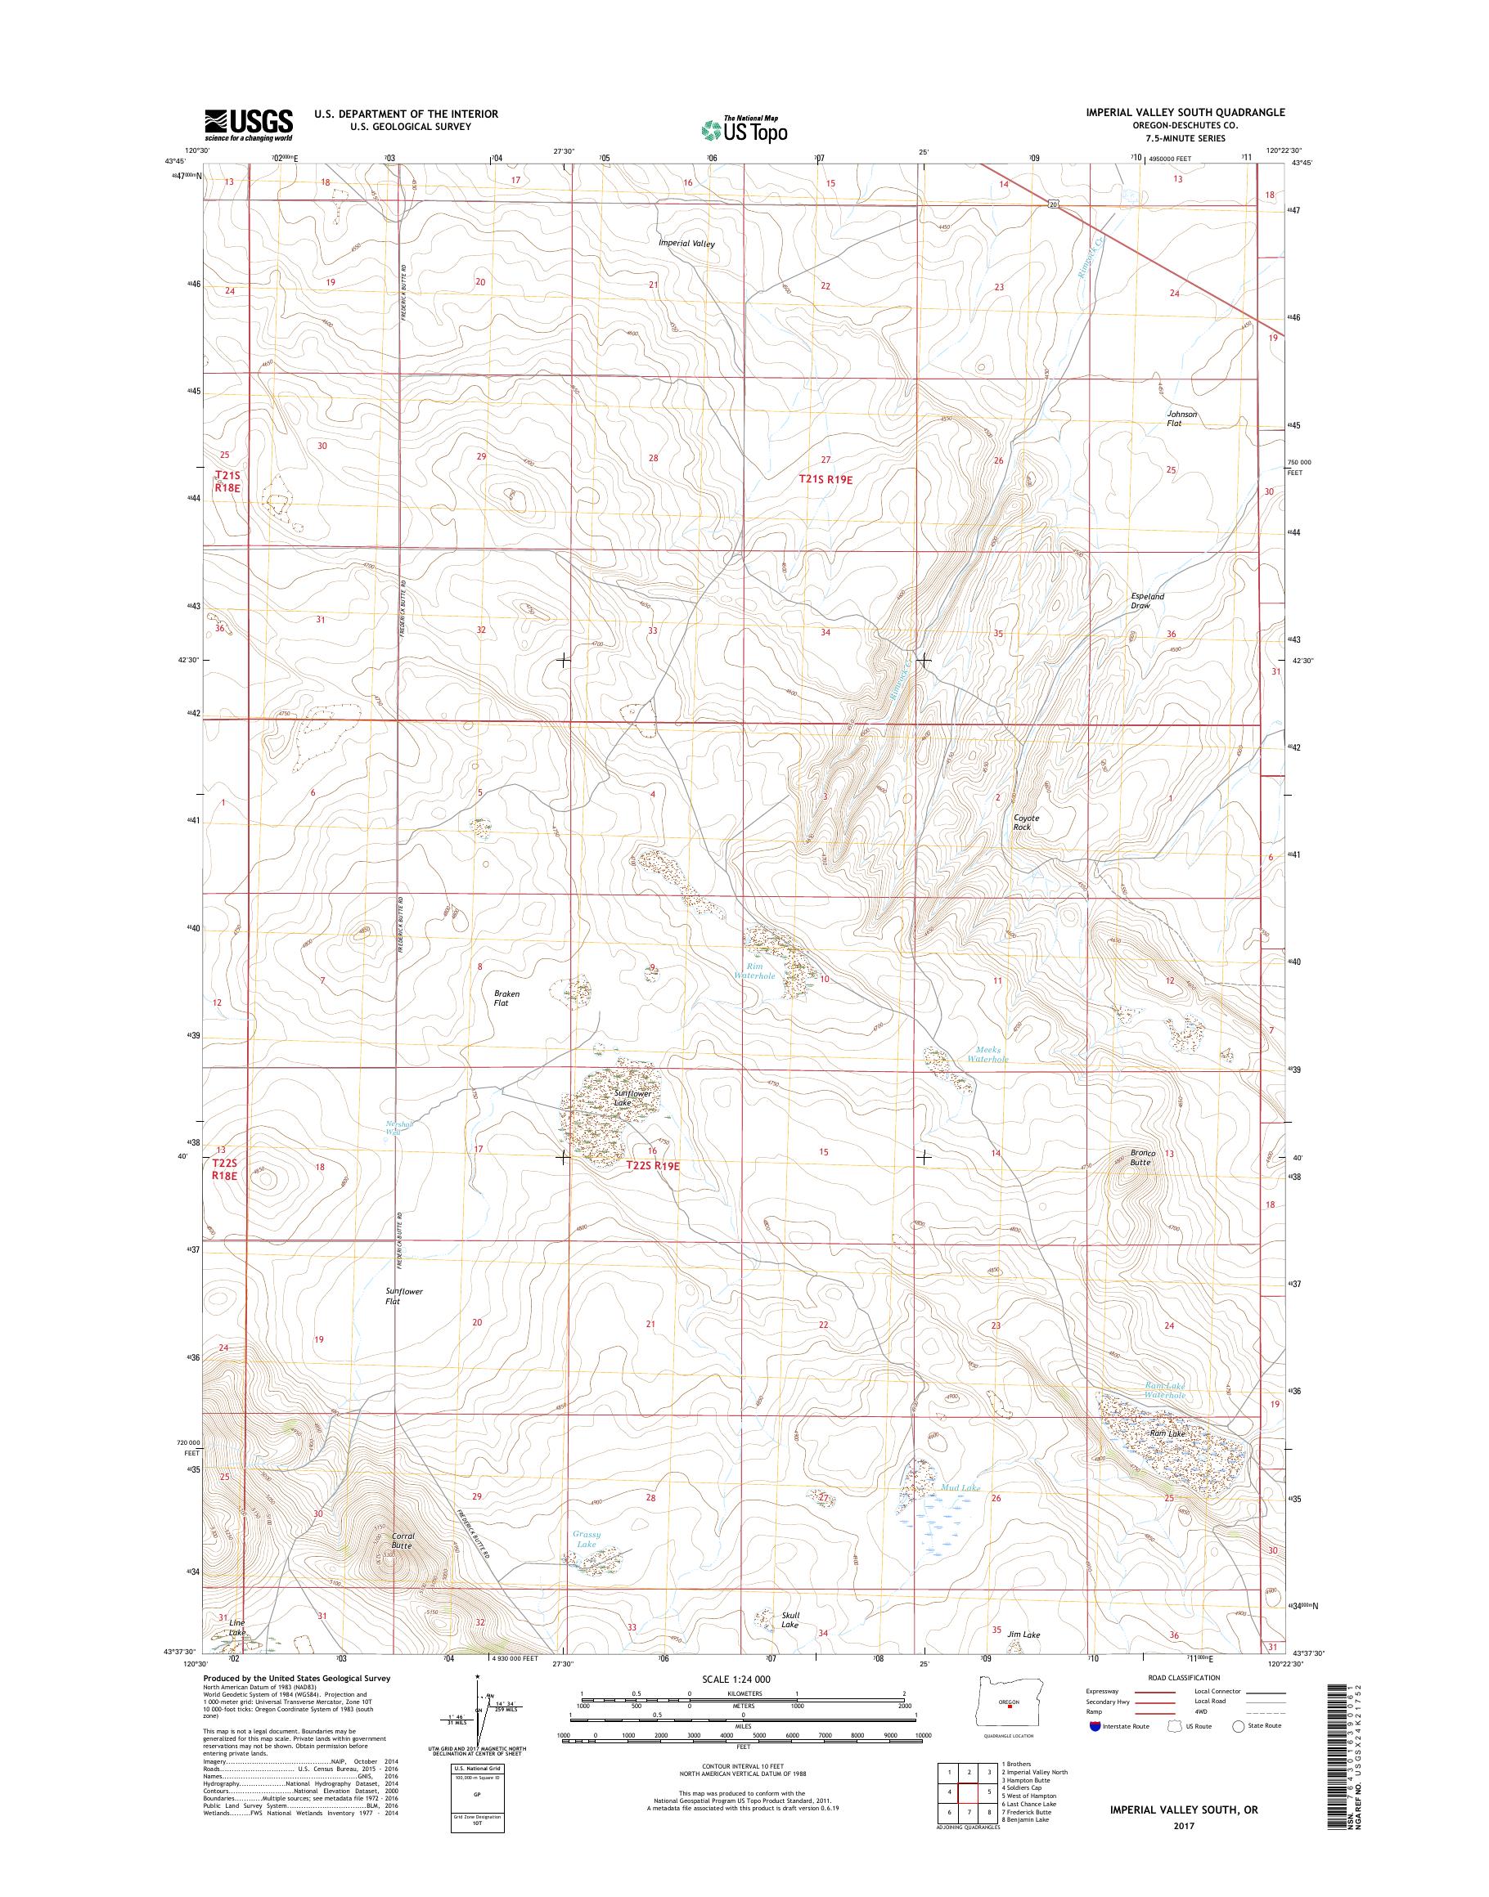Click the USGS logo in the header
pos(249,124)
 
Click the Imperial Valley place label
pos(687,244)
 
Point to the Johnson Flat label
pos(1183,419)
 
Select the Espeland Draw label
pos(1147,601)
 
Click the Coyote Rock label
pos(1026,823)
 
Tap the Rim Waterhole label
pos(754,971)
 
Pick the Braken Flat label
pos(506,998)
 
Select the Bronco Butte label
pos(1142,1157)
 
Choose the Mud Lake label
pos(960,1487)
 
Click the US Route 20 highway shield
pos(1053,204)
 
